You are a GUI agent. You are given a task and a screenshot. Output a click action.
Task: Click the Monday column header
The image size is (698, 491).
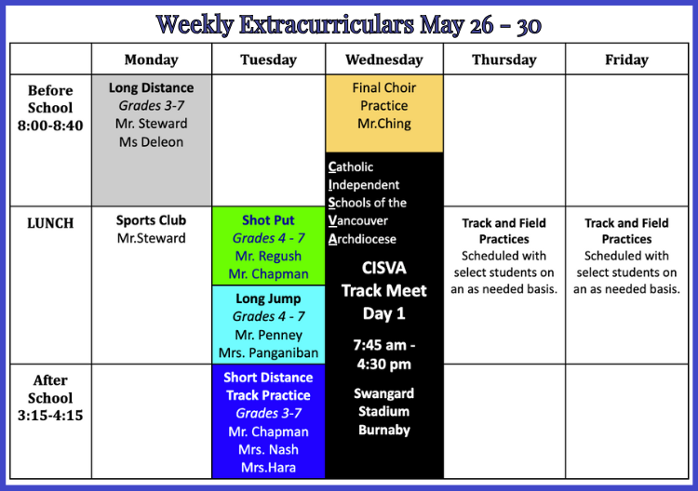(152, 60)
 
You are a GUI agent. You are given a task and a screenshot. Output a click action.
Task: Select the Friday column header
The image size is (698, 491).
(626, 60)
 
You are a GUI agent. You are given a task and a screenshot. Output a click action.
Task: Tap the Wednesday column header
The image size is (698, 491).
(384, 60)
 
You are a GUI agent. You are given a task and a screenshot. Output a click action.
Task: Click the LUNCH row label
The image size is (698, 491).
(50, 223)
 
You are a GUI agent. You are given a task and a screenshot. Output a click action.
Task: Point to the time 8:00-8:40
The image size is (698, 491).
(50, 126)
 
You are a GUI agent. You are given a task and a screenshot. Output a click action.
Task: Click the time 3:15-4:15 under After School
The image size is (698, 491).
(50, 415)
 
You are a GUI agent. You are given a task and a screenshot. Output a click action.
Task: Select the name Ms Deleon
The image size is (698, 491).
(152, 142)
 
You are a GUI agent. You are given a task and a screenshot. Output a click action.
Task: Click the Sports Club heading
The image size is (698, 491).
(152, 220)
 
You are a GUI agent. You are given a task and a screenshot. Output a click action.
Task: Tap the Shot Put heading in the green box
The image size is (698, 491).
(268, 220)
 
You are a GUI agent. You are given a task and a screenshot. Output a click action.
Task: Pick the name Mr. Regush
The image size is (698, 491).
(268, 256)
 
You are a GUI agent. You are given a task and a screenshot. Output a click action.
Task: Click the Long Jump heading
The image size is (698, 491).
(268, 299)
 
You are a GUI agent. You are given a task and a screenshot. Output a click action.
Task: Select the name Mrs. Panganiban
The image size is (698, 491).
(268, 352)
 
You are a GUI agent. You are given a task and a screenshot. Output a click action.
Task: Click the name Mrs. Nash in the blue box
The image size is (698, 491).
(268, 449)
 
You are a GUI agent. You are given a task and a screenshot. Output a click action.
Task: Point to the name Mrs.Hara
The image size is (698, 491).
(268, 468)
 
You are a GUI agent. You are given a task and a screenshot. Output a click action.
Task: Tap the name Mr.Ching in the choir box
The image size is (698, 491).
(384, 124)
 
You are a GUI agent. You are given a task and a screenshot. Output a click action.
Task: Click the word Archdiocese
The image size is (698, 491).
(362, 239)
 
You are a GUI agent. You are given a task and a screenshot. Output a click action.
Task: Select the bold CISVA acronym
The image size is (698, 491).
(384, 268)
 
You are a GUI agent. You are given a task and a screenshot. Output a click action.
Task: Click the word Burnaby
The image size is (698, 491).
(384, 430)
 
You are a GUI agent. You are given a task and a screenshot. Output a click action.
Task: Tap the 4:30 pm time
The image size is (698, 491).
(384, 365)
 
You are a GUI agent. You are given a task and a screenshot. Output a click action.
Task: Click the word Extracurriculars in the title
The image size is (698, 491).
(327, 24)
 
